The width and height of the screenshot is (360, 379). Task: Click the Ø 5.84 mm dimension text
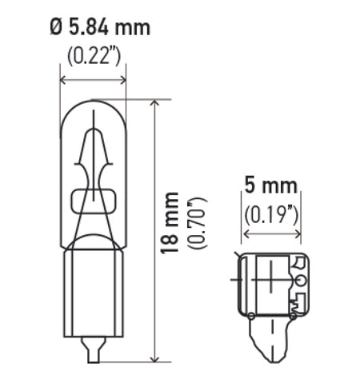[99, 29]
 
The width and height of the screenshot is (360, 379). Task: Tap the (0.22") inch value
[94, 56]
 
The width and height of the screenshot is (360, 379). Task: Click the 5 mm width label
[270, 186]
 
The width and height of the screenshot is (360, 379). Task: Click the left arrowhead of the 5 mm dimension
[247, 235]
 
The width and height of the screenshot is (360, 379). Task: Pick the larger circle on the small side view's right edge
[299, 281]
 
